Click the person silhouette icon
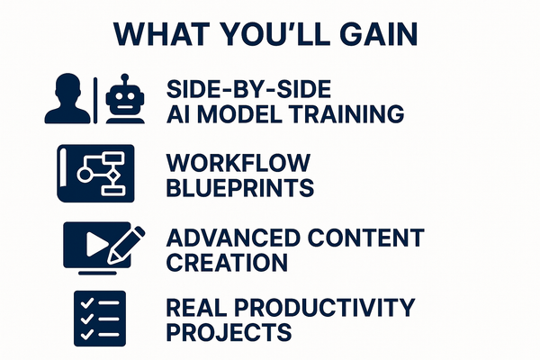pyautogui.click(x=68, y=99)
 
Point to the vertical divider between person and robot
pyautogui.click(x=94, y=99)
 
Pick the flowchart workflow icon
pyautogui.click(x=95, y=173)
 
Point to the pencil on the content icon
pyautogui.click(x=125, y=238)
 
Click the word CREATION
pyautogui.click(x=227, y=263)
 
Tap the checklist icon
pyautogui.click(x=94, y=318)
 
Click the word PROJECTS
pyautogui.click(x=229, y=332)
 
